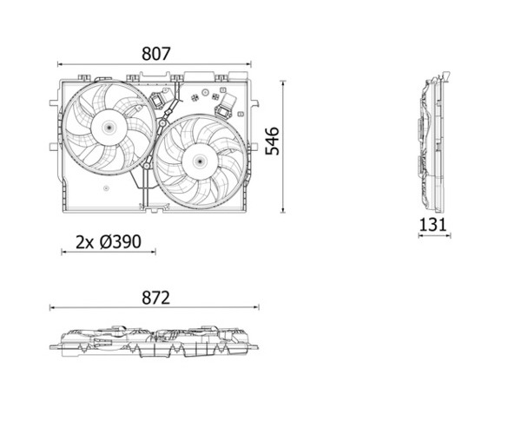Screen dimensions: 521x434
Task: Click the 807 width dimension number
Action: (155, 54)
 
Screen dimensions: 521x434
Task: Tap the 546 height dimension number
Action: (273, 141)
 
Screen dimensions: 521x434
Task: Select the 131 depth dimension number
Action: (433, 225)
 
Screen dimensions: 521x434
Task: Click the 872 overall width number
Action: (155, 298)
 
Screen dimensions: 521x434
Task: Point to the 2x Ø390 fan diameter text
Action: (109, 242)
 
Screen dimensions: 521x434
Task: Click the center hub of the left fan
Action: (109, 127)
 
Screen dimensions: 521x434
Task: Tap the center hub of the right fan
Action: (200, 161)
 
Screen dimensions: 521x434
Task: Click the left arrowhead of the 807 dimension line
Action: (59, 64)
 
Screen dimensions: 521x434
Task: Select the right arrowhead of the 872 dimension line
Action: (256, 307)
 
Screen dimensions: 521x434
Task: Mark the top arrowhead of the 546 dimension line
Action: (283, 82)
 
